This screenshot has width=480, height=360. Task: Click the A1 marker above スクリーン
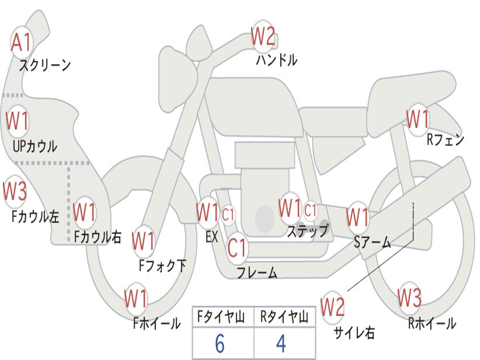coord(21,42)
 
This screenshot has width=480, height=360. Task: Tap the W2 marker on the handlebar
coord(263,36)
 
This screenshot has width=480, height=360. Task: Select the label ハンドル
coord(277,60)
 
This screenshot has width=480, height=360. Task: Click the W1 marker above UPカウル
coord(17,120)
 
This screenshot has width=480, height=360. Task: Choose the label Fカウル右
coord(97,237)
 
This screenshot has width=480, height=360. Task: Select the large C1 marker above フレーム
coord(237,247)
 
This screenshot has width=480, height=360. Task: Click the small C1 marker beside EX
coord(228,215)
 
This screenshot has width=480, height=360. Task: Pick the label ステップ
coord(307,231)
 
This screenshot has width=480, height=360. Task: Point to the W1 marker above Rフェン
coord(418,119)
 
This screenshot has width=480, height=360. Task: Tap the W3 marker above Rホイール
coord(409,298)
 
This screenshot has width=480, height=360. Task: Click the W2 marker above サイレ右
coord(332,307)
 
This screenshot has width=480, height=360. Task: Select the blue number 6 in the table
coord(220,344)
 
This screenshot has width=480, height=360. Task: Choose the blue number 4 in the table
coord(281,344)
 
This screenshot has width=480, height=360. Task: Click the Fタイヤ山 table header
coord(221,317)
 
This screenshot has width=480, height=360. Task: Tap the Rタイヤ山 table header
coord(284,317)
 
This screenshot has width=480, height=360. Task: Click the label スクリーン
coord(45,65)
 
